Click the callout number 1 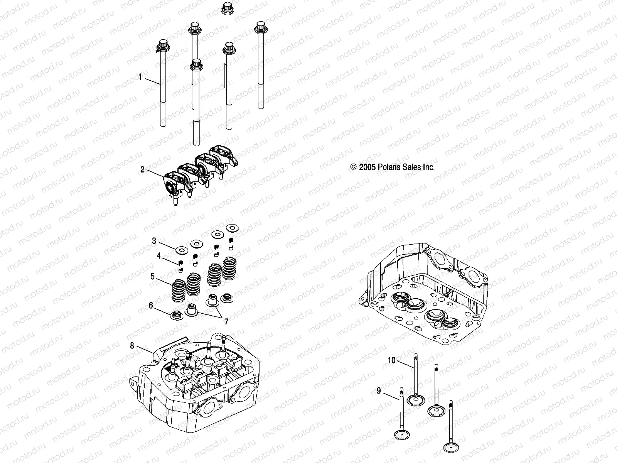point(140,77)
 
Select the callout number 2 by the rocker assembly point(142,169)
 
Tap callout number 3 point(154,241)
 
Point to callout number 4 point(158,255)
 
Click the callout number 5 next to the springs point(153,276)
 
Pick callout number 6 point(151,306)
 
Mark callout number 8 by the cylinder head point(132,346)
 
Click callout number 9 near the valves point(379,391)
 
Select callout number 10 point(391,360)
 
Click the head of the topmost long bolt point(226,7)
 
